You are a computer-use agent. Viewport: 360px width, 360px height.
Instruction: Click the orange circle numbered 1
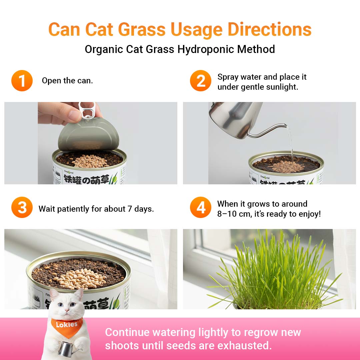point(22,81)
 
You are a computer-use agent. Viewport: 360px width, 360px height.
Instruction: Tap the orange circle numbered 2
point(200,81)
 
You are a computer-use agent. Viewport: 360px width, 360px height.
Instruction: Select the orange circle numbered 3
point(22,207)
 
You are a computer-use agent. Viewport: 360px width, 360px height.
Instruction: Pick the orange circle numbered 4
point(200,207)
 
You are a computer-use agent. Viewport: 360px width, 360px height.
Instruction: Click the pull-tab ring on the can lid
point(87,110)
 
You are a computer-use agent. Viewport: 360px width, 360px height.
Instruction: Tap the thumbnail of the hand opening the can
point(91,143)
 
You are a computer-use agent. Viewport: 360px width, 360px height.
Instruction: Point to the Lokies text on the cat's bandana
point(67,325)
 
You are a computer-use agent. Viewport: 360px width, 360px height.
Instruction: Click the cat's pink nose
point(67,310)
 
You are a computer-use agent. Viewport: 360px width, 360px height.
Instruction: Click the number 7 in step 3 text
point(130,209)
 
